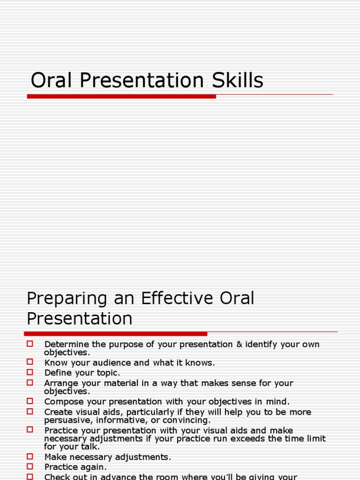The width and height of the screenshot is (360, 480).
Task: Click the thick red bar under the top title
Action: click(x=121, y=96)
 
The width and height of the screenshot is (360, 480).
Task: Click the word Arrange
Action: click(x=61, y=383)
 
